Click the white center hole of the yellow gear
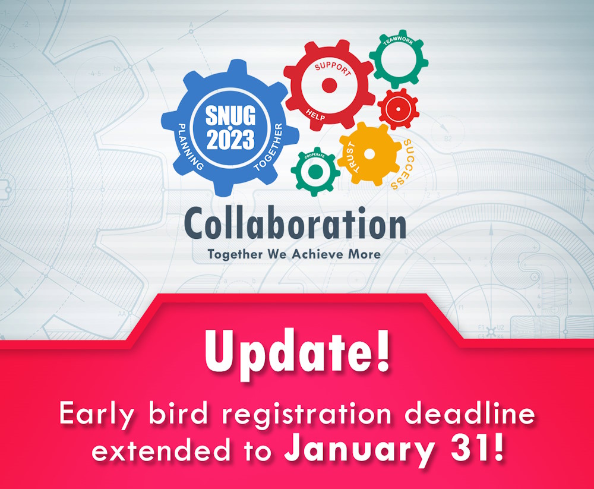click(x=369, y=154)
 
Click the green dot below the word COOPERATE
click(x=315, y=172)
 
